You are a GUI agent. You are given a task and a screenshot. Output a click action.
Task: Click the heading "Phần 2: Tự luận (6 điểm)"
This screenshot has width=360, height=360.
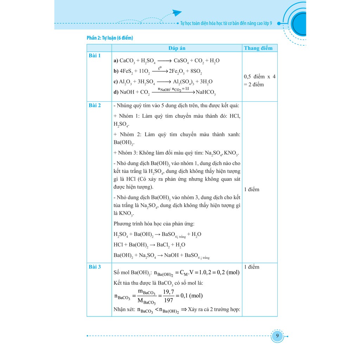tap(110, 38)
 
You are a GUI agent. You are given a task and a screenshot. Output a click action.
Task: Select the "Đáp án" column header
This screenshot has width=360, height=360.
tap(176, 48)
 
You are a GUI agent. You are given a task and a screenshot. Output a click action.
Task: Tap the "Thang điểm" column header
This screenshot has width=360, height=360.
tap(258, 48)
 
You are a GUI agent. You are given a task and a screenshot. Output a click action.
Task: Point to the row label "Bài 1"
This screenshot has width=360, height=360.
tap(94, 56)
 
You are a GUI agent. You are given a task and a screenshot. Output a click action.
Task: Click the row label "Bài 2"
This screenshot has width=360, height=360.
tap(94, 105)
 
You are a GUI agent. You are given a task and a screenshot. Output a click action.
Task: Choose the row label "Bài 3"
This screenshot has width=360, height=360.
tap(94, 267)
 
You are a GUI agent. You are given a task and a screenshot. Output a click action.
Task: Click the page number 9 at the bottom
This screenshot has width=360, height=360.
tap(277, 336)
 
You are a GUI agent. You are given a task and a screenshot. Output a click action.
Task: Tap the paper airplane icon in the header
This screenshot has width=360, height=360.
tap(175, 13)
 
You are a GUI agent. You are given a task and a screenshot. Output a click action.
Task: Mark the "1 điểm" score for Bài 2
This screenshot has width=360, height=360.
tap(251, 189)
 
